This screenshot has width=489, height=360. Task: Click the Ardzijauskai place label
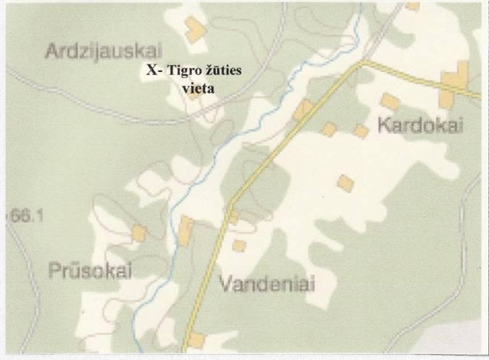coord(104,51)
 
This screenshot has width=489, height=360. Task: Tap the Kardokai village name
coord(421,125)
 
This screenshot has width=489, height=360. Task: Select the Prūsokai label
coord(89,271)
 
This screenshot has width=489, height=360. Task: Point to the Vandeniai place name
coord(266,283)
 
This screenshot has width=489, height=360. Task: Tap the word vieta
coord(197,87)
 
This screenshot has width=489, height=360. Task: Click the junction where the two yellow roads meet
coord(361,61)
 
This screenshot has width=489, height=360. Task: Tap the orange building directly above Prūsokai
coord(139,233)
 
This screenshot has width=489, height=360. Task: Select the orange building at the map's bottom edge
coord(196,340)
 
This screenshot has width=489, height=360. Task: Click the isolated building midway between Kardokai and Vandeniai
coord(344,182)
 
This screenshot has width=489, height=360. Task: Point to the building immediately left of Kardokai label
coord(361,131)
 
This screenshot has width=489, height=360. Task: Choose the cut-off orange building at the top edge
coord(412,6)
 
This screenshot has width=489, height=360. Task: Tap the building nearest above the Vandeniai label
coord(239,245)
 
